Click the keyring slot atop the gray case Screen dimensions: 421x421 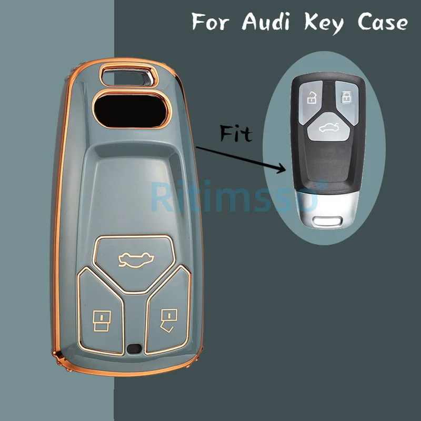click(x=126, y=75)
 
